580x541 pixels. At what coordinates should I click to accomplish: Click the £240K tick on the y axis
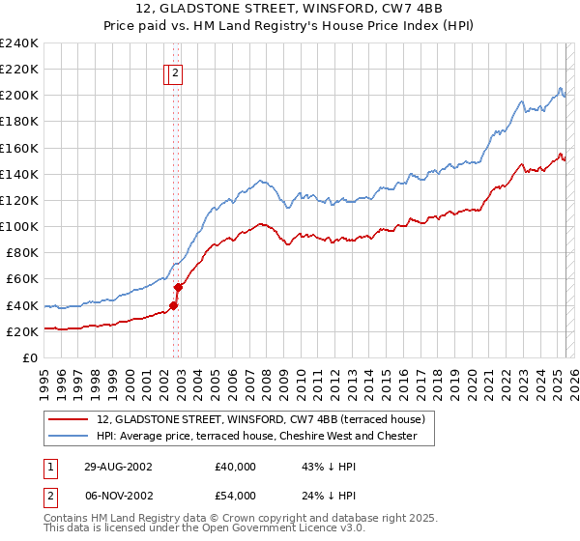(19, 43)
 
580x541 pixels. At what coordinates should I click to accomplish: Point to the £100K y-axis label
(19, 226)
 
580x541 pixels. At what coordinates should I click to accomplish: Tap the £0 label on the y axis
(30, 357)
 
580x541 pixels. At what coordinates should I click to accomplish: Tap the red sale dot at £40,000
(174, 305)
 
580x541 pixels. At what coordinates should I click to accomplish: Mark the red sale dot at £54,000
(178, 287)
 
